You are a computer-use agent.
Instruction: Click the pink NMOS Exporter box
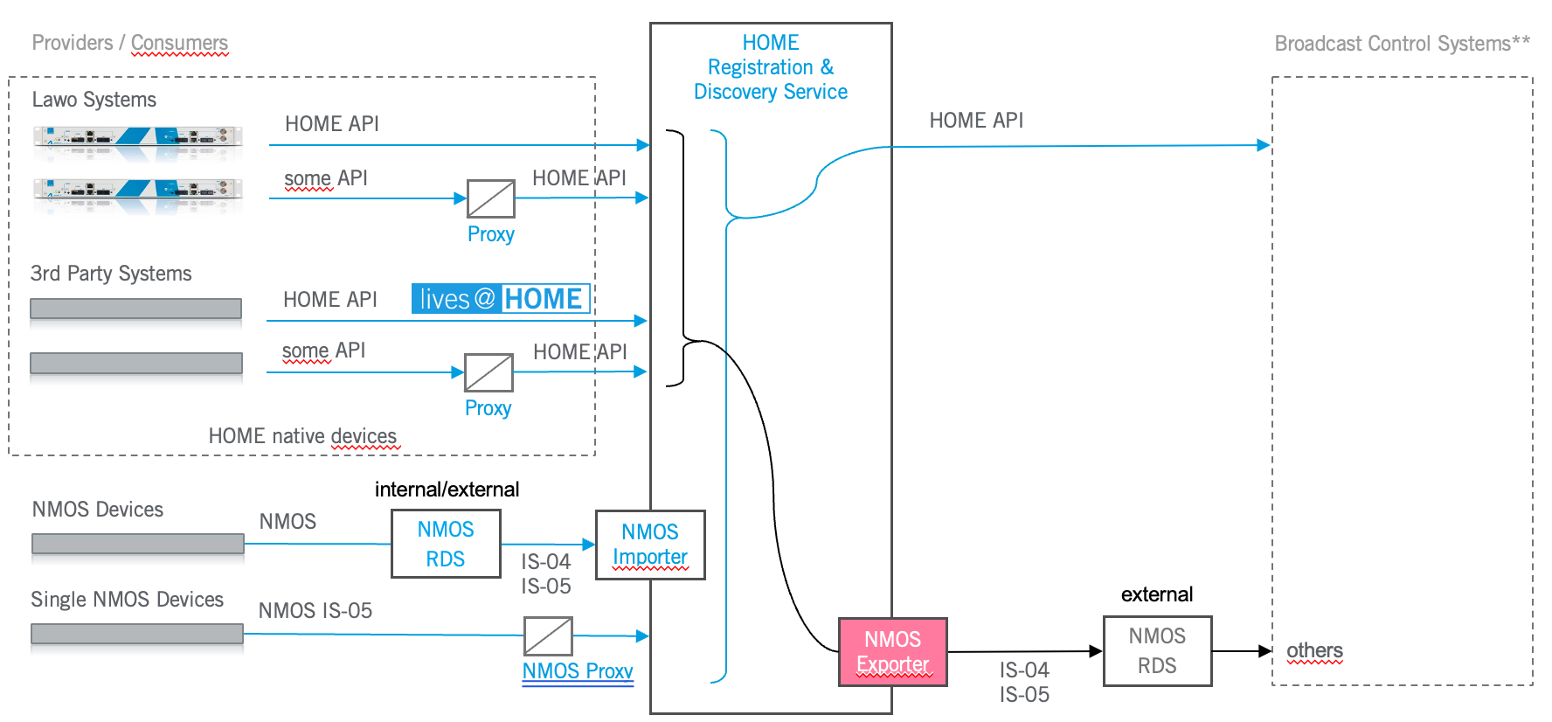click(x=892, y=652)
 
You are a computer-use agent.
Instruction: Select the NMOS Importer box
click(x=650, y=545)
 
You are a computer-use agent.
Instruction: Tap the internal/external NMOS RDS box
click(x=446, y=544)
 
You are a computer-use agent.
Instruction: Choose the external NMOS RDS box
click(x=1157, y=651)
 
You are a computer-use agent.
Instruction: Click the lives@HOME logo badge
click(x=501, y=299)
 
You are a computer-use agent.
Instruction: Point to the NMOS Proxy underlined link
click(x=578, y=671)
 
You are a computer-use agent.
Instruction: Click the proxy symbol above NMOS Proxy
click(x=548, y=636)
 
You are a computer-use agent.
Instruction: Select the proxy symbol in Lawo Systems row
click(x=491, y=198)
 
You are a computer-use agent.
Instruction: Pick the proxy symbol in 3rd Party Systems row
click(x=488, y=372)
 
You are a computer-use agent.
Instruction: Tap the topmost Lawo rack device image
click(x=137, y=137)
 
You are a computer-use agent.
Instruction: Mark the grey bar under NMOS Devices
click(x=137, y=544)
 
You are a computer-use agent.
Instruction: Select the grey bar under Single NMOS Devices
click(x=137, y=634)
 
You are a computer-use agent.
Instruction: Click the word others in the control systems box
click(x=1314, y=651)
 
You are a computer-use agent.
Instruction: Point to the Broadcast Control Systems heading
click(x=1402, y=44)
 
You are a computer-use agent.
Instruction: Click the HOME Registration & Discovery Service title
click(x=771, y=67)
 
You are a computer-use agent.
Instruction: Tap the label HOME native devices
click(x=302, y=436)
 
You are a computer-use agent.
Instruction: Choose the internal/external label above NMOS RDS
click(x=447, y=489)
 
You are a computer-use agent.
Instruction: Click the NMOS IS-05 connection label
click(x=315, y=610)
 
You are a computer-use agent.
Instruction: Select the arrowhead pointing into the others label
click(x=1264, y=651)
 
